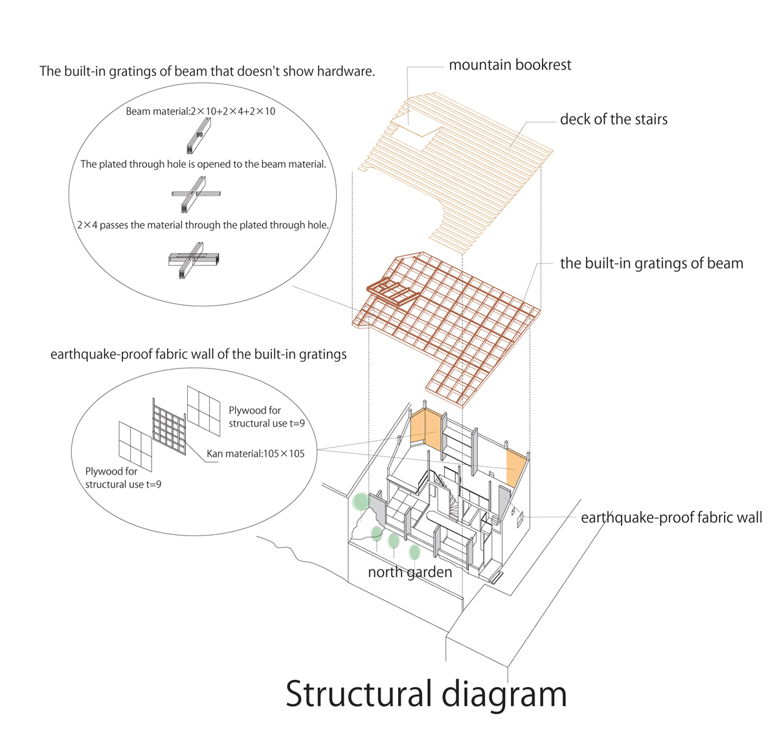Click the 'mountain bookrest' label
[510, 65]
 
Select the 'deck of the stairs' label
[613, 119]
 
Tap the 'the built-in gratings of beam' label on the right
[651, 264]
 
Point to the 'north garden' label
[409, 572]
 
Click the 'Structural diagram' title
[426, 693]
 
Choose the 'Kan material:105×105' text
[255, 453]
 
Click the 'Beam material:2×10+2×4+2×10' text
[200, 111]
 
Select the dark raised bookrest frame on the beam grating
[392, 293]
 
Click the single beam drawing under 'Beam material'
[195, 138]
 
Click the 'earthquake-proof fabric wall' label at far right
[671, 517]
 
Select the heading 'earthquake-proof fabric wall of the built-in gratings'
[198, 354]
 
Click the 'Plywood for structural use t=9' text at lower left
[123, 478]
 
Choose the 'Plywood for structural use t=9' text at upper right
[266, 416]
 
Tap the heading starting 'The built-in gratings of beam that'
[207, 71]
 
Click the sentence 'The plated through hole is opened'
[203, 164]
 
